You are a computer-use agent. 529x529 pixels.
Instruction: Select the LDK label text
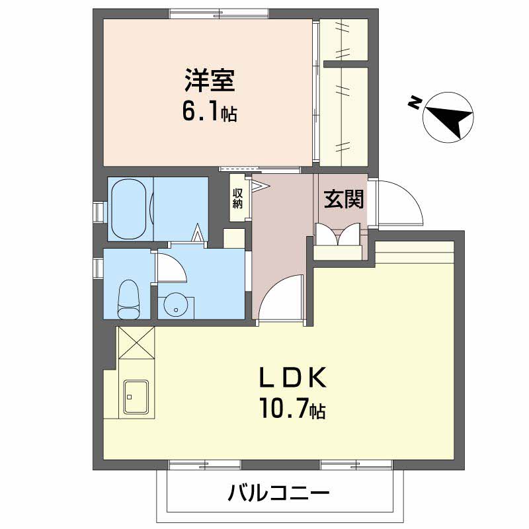[x=292, y=378]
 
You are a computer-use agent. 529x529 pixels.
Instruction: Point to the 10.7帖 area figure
[x=292, y=411]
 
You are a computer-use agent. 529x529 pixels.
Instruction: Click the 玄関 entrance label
[x=344, y=200]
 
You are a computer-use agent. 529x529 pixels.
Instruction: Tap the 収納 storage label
[x=237, y=198]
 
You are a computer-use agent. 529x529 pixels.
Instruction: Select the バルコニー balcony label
[x=279, y=493]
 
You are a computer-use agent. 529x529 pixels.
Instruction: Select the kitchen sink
[x=137, y=399]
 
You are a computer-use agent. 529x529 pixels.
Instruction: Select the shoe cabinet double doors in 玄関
[x=337, y=236]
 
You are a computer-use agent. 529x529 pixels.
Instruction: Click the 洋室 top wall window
[x=219, y=14]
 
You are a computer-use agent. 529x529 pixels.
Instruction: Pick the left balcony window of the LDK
[x=204, y=465]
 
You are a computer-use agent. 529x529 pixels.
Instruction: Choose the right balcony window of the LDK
[x=356, y=465]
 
